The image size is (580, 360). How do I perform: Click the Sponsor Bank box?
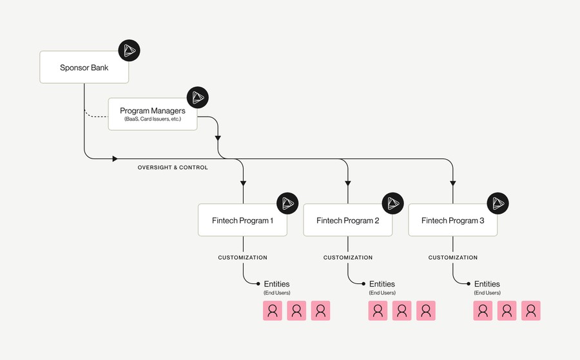[84, 67]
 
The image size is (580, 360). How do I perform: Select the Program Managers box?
[153, 114]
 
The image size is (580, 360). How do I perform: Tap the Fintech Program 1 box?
[242, 220]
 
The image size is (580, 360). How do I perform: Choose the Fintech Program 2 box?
[348, 220]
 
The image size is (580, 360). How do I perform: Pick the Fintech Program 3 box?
[453, 220]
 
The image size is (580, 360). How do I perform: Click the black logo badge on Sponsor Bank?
[129, 51]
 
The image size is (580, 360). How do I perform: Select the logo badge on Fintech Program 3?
[498, 204]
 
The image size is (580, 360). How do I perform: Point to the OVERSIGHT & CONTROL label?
[173, 167]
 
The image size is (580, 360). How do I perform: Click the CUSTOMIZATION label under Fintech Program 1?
[242, 258]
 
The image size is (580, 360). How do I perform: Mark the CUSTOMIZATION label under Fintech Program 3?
[453, 258]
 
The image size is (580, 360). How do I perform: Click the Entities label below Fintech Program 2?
[382, 284]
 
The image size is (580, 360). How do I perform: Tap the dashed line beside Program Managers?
[96, 117]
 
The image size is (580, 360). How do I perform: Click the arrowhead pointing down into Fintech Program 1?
[243, 182]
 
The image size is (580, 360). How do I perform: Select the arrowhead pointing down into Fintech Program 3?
[453, 182]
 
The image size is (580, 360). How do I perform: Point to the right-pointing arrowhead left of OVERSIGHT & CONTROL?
[115, 158]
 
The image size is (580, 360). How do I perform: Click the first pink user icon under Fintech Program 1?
[273, 310]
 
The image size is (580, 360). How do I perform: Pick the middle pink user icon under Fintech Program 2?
[401, 310]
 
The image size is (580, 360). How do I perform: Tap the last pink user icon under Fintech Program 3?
[531, 310]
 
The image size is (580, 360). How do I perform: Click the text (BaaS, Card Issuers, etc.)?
[153, 120]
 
